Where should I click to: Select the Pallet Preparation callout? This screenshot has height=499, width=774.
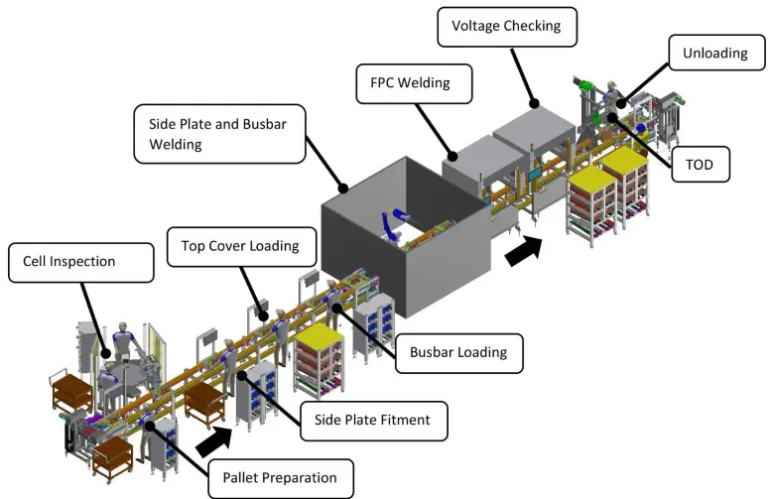tap(280, 477)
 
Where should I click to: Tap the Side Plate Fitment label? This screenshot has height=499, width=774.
tap(373, 420)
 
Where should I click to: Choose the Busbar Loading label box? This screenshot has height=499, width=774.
tap(458, 352)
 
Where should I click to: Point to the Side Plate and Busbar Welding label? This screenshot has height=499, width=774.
tap(218, 133)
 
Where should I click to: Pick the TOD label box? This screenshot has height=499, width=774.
tap(700, 162)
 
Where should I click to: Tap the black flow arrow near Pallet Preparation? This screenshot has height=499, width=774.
tap(215, 434)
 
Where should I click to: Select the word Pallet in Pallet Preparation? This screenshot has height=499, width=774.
tap(242, 477)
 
